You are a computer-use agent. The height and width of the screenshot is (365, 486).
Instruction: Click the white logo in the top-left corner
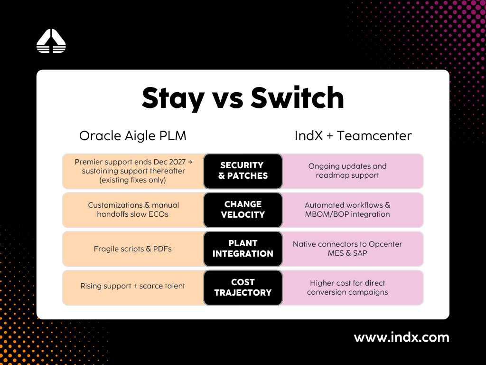51,41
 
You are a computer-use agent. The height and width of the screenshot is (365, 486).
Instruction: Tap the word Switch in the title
297,97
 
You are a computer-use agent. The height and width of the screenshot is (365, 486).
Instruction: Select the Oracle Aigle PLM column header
133,136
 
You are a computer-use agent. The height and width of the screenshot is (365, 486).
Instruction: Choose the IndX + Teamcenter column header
353,135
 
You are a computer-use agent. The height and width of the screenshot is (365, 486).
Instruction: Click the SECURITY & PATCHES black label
243,171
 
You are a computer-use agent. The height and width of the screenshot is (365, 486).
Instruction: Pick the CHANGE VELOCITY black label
243,210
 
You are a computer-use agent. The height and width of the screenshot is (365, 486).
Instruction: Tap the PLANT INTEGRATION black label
243,249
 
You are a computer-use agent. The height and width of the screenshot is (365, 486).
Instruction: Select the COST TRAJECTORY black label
243,288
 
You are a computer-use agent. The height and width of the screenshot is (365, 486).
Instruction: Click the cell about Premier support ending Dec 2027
133,171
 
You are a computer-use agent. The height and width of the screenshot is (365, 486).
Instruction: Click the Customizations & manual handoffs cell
133,210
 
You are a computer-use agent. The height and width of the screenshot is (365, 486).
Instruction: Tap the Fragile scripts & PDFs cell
133,249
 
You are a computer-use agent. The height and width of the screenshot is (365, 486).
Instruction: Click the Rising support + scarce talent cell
133,288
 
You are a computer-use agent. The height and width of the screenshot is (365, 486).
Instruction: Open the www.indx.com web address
402,337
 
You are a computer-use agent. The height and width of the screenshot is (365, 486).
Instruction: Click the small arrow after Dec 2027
190,162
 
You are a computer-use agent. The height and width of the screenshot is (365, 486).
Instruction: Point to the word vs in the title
227,100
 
